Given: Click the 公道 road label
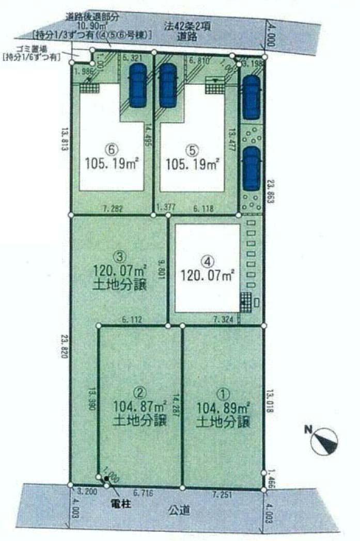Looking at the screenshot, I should (176, 512).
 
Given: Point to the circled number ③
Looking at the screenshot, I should (119, 256).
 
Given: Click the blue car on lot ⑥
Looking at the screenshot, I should (138, 85).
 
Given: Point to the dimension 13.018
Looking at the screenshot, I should (271, 402).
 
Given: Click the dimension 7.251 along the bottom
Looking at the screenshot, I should (223, 495).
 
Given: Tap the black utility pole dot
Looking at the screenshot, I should (107, 479).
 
